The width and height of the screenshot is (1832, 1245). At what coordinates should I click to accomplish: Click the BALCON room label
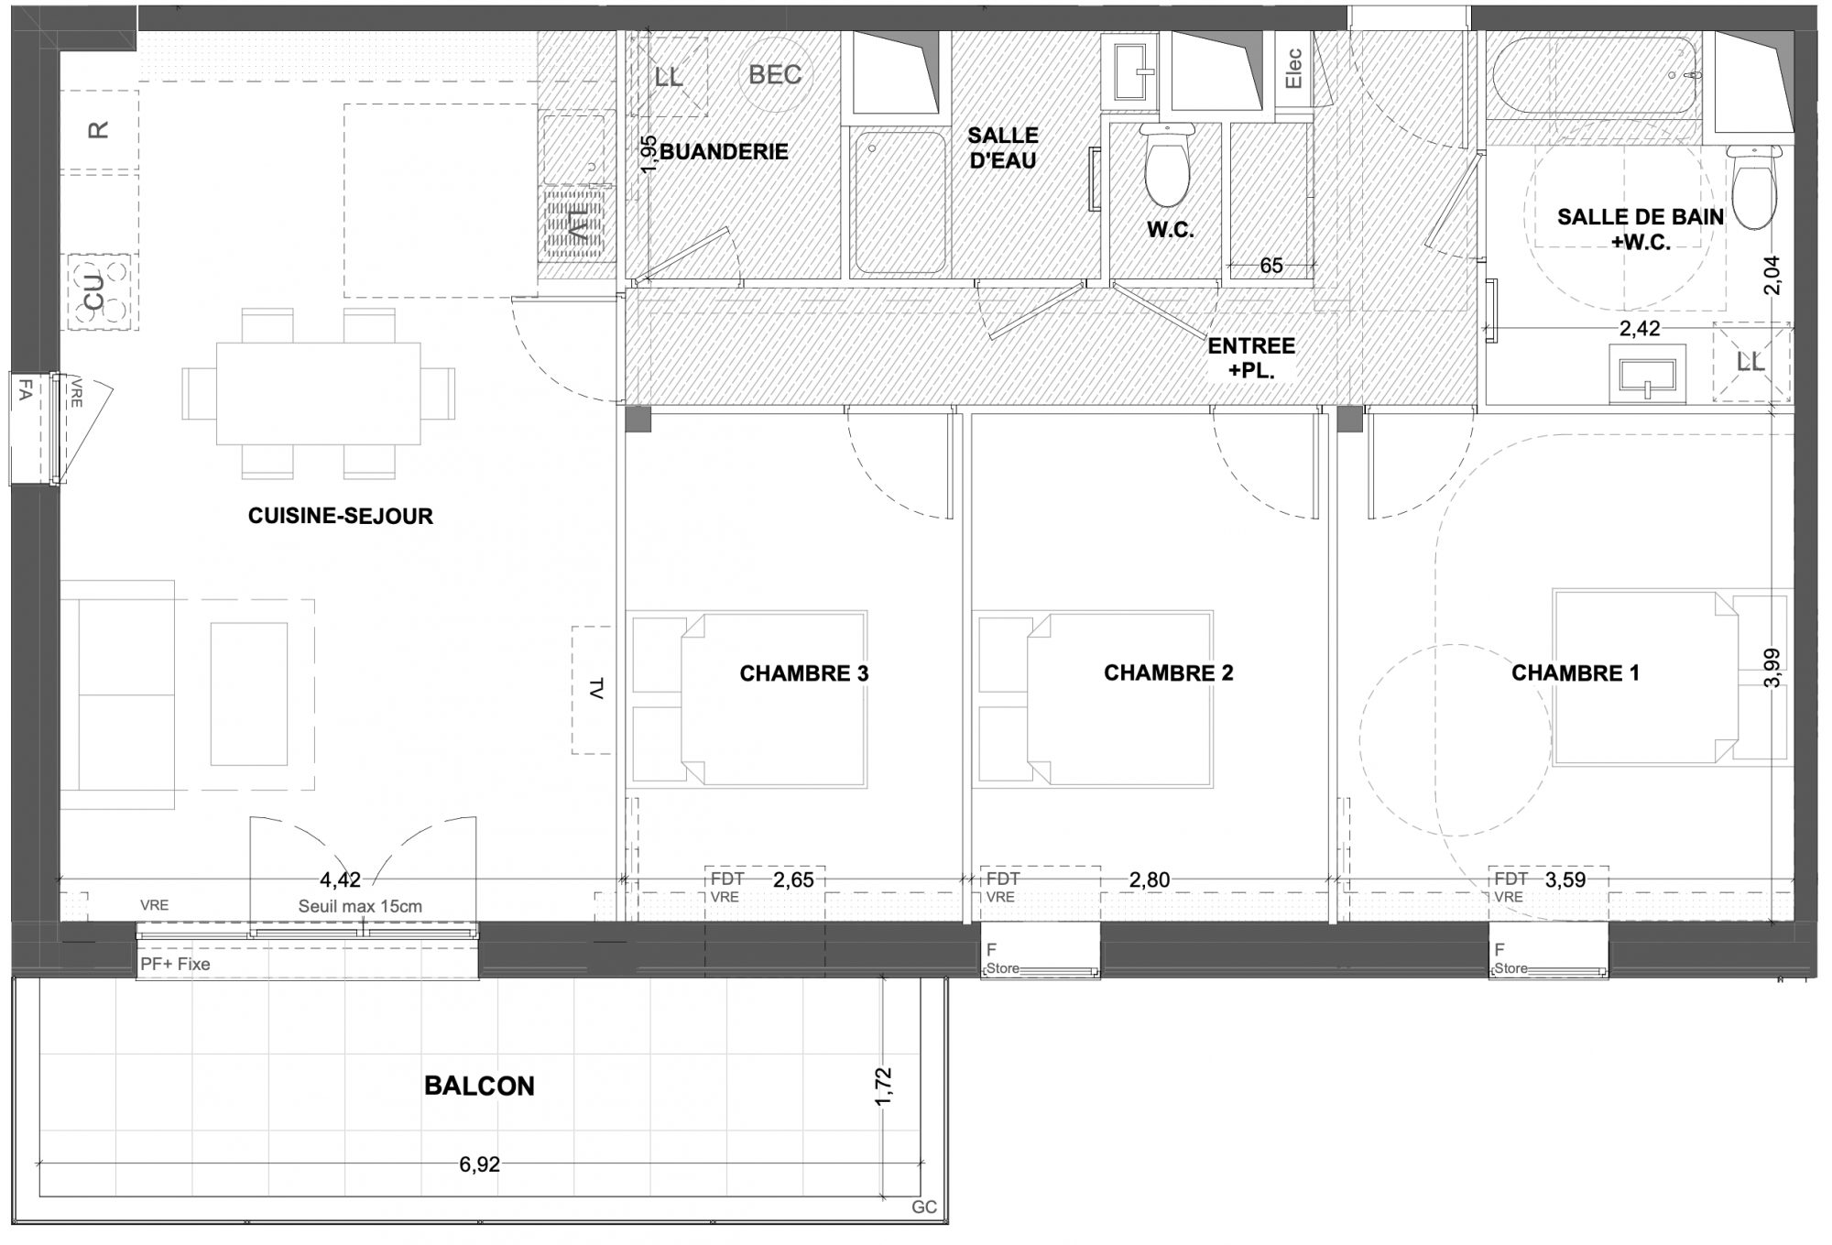[x=479, y=1086]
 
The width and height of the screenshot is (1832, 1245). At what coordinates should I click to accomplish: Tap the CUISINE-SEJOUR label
[x=341, y=516]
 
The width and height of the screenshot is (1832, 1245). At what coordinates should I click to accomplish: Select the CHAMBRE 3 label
[x=804, y=673]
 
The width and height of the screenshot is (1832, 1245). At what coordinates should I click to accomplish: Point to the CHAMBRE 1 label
[x=1576, y=673]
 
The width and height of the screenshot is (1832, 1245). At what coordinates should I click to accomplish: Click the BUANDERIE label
[x=724, y=151]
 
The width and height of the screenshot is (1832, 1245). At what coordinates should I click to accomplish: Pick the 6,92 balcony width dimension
[x=480, y=1164]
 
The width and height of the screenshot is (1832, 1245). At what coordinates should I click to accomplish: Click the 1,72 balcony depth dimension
[x=883, y=1087]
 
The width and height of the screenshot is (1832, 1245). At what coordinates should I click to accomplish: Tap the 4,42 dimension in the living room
[x=340, y=879]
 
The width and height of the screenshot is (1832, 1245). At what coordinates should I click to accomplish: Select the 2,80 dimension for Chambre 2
[x=1150, y=879]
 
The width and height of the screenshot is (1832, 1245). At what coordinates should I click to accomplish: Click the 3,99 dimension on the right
[x=1772, y=669]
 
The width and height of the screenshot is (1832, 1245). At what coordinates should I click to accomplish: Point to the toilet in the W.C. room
[x=1166, y=165]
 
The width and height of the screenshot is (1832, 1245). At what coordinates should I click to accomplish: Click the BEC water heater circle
[x=775, y=74]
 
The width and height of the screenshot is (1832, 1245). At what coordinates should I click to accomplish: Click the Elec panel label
[x=1293, y=68]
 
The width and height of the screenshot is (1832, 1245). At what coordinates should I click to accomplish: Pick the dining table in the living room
[x=318, y=393]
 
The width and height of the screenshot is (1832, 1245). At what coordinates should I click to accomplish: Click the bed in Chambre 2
[x=1096, y=699]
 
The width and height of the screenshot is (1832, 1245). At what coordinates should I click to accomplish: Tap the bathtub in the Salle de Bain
[x=1595, y=76]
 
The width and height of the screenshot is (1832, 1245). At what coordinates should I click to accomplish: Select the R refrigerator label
[x=97, y=130]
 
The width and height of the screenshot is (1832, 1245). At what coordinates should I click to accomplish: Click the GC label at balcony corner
[x=924, y=1207]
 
